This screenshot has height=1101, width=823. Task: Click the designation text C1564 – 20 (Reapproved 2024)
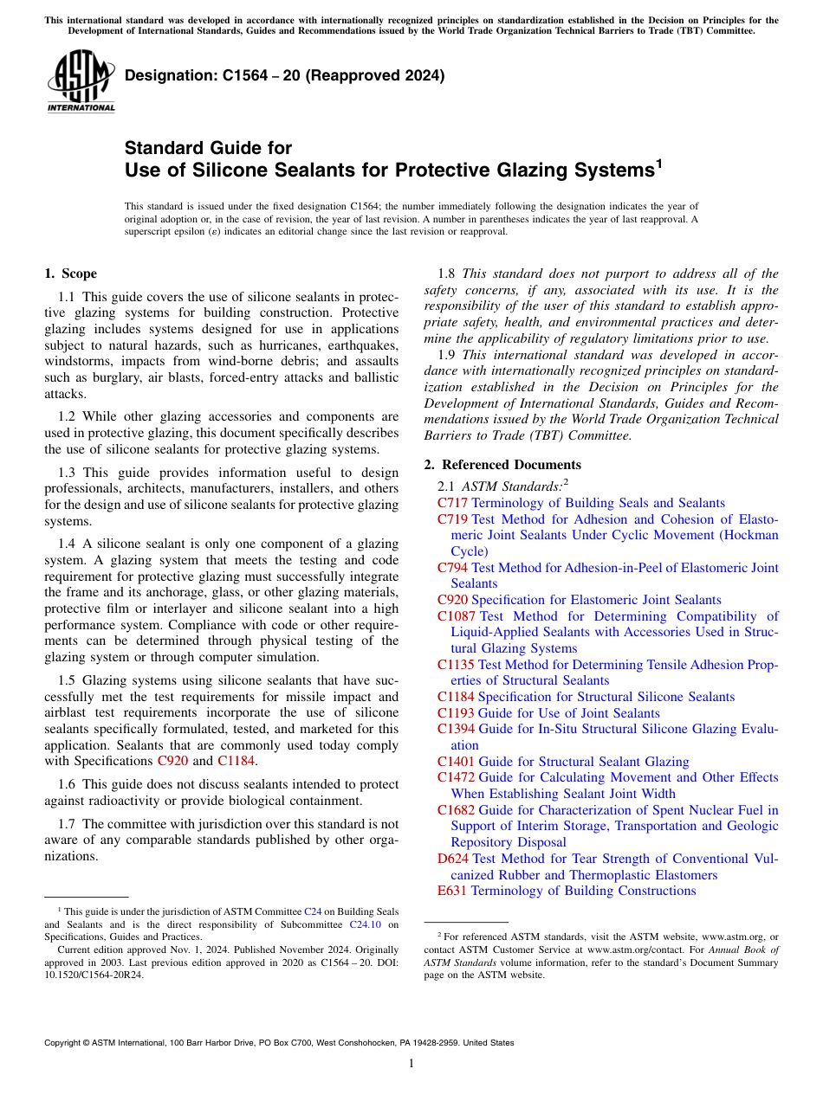(x=284, y=75)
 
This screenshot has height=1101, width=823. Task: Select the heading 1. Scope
(x=70, y=274)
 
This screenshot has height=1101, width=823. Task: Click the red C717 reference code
(x=452, y=503)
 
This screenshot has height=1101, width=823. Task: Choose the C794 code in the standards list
(x=452, y=568)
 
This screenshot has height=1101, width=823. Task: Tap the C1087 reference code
(x=457, y=616)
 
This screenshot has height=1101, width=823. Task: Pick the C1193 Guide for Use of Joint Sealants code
(x=456, y=713)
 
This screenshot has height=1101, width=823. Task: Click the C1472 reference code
(x=456, y=777)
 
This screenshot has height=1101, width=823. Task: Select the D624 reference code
(x=453, y=859)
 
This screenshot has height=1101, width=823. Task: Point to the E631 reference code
(x=451, y=891)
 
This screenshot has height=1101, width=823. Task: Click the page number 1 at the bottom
(x=411, y=1063)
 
